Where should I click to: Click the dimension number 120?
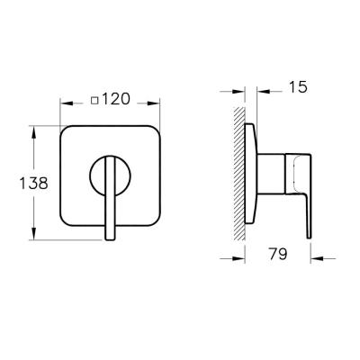click(116, 99)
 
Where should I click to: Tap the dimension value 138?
click(33, 183)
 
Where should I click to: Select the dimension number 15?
click(298, 86)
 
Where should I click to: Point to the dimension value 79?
click(278, 254)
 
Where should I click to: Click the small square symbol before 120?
click(95, 100)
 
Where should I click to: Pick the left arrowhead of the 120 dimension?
click(67, 103)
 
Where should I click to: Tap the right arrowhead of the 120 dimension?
click(153, 103)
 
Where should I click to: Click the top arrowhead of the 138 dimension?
click(34, 132)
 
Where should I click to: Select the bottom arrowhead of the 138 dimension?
click(34, 234)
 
